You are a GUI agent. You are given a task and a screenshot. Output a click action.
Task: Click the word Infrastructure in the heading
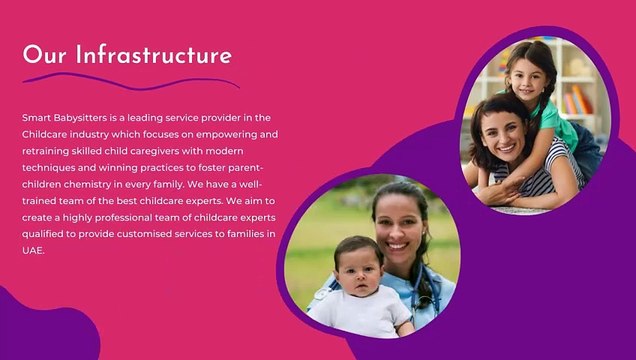[154, 54]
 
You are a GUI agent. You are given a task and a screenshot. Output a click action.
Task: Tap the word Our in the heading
[45, 54]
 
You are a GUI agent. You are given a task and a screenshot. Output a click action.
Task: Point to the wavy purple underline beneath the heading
[130, 80]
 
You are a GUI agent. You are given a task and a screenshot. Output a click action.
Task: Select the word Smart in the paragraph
[37, 117]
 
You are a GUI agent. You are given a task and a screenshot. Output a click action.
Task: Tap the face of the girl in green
[530, 76]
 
